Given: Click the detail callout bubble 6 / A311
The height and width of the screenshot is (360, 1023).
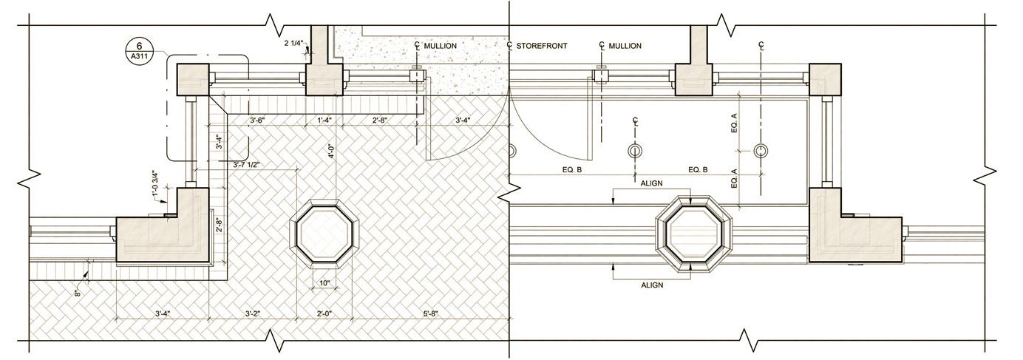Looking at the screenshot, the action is pos(140,51).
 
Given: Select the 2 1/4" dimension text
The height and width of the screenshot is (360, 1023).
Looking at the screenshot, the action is pos(293,44).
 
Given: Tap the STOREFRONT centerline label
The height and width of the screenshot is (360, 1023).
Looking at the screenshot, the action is pos(542,46).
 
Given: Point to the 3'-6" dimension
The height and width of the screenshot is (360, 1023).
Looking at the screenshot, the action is pos(257,120).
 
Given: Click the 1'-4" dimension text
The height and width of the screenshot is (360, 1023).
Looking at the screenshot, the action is pos(324,120).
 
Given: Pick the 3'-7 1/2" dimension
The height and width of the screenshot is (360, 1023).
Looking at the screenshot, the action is pos(247,164).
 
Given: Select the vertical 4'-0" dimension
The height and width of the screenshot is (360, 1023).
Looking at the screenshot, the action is pos(331,151).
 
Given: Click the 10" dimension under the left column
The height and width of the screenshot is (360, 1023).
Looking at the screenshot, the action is pos(324,283).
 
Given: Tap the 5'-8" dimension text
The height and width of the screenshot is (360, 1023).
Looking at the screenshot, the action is pos(430,313).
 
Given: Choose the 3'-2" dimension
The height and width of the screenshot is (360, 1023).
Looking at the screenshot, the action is pos(253,313).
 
